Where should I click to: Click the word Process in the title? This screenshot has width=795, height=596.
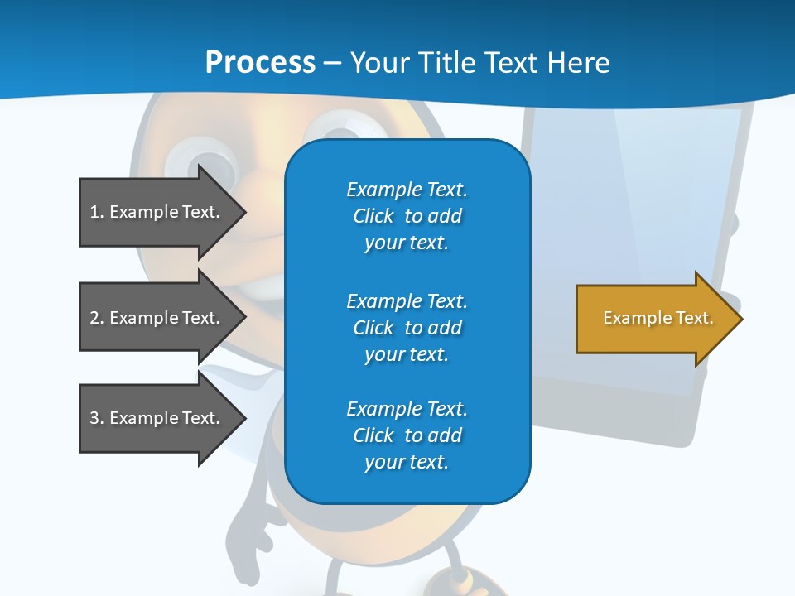[260, 63]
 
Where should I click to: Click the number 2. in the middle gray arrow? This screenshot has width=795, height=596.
[97, 318]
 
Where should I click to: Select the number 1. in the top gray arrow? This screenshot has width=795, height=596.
[97, 212]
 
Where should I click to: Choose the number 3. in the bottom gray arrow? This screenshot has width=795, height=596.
[97, 418]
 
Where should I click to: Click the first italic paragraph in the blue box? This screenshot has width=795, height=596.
[407, 216]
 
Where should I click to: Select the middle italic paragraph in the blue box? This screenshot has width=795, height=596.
[407, 328]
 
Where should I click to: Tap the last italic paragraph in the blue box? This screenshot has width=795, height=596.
[407, 435]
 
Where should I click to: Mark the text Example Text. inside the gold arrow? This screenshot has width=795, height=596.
[658, 318]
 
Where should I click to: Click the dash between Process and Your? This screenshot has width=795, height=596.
[332, 64]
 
